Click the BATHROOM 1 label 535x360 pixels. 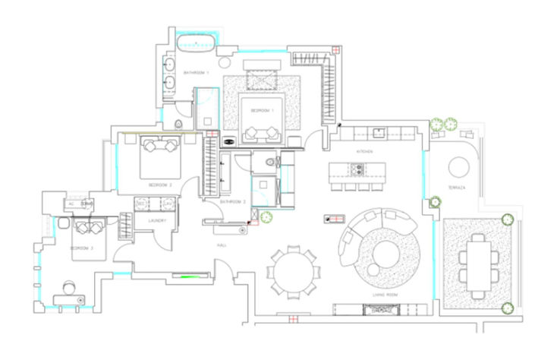(196, 73)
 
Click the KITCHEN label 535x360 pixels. (366, 152)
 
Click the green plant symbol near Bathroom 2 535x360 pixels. (266, 219)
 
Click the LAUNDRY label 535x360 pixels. (158, 221)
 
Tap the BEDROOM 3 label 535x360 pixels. (81, 248)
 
